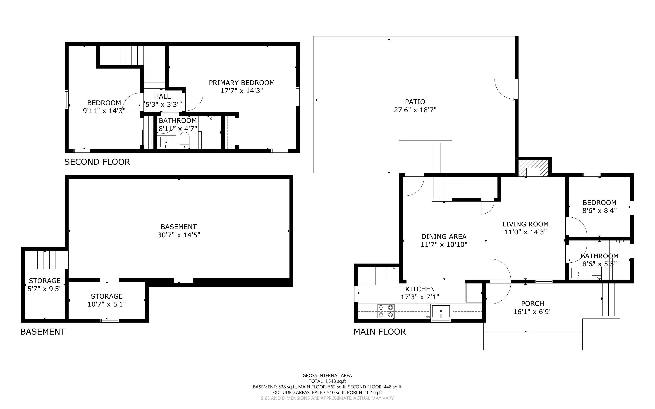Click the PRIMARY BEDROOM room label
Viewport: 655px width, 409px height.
241,83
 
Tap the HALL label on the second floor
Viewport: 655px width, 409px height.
162,96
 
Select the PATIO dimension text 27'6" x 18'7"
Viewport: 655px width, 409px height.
415,110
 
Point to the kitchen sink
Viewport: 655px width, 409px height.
441,311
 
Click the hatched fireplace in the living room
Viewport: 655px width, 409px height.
533,168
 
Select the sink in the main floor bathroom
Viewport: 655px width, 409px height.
578,273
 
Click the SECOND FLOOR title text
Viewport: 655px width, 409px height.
97,162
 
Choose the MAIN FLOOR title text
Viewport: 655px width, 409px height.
380,332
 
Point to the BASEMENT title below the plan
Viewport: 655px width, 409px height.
43,332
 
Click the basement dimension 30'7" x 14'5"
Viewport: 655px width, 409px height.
179,235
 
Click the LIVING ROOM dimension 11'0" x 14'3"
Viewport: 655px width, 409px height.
525,232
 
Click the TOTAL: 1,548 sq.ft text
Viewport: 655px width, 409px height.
327,381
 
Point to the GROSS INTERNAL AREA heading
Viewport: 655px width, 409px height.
327,376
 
